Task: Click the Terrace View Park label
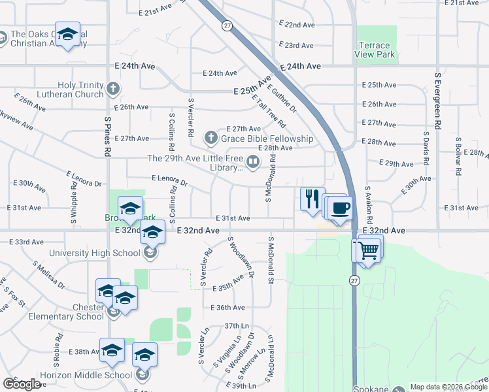(x=376, y=50)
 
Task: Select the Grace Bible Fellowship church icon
(x=211, y=138)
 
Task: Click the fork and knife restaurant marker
(x=312, y=197)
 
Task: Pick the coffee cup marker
(x=341, y=209)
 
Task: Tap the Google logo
(x=22, y=384)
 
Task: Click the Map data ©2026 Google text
(x=448, y=387)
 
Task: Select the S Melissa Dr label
(x=48, y=274)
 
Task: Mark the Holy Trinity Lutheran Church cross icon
(x=113, y=88)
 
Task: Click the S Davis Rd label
(x=425, y=150)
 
